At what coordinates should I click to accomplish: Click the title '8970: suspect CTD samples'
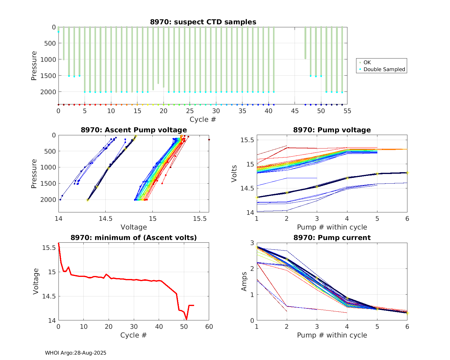point(203,22)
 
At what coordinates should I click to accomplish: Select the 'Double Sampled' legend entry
point(384,69)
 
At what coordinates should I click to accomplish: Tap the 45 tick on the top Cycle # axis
point(295,111)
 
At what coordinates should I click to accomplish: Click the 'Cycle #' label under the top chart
point(203,119)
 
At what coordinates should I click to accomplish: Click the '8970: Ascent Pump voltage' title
point(134,130)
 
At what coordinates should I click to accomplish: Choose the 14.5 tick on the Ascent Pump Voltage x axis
point(105,219)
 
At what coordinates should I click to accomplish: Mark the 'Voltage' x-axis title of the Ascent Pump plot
point(134,227)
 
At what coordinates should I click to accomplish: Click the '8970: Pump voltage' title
point(332,130)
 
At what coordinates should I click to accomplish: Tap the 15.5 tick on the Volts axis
point(247,140)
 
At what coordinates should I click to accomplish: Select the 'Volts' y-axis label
point(234,173)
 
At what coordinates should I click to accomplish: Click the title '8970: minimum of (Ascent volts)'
point(134,238)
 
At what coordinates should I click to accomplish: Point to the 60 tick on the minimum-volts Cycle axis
point(209,326)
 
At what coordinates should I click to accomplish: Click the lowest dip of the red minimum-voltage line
point(186,319)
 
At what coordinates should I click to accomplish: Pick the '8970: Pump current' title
point(332,238)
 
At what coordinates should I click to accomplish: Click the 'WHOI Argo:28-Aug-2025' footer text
point(76,353)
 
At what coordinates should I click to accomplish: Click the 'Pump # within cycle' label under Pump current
point(332,335)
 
